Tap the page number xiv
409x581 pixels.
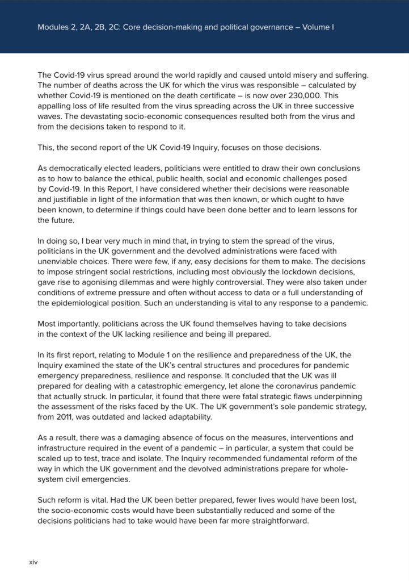[x=33, y=562]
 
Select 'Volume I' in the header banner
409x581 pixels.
[x=317, y=27]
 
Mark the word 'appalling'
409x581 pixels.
[x=56, y=106]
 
